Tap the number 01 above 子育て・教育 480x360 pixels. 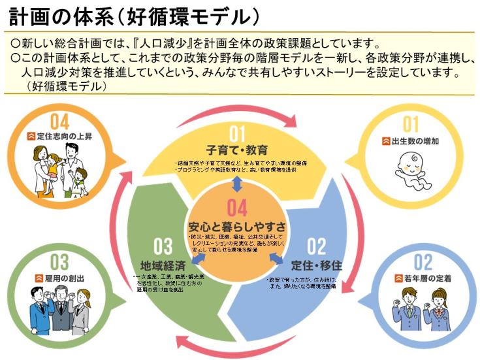pyautogui.click(x=237, y=134)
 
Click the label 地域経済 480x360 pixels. pyautogui.click(x=163, y=267)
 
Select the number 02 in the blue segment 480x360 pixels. pyautogui.click(x=316, y=248)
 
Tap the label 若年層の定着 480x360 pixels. pyautogui.click(x=422, y=280)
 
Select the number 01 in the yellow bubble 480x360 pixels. pyautogui.click(x=411, y=125)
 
